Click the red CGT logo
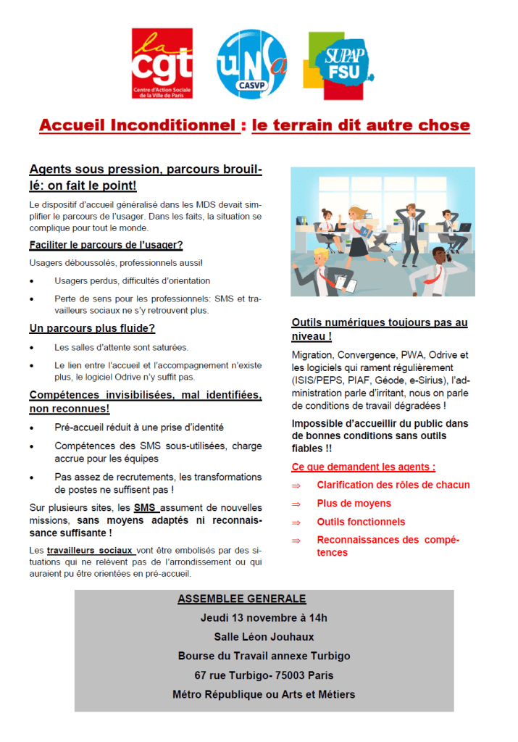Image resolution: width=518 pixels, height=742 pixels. click(162, 63)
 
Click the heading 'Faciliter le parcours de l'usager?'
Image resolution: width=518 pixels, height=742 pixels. click(106, 245)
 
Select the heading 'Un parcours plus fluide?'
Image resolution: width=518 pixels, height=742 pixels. click(92, 328)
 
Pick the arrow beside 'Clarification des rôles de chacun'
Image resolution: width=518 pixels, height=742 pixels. click(296, 485)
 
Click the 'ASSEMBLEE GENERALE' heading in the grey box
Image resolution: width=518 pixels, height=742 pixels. click(242, 599)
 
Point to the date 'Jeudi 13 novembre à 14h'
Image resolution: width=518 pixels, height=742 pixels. click(264, 618)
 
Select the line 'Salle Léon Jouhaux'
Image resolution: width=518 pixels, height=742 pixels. click(264, 637)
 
